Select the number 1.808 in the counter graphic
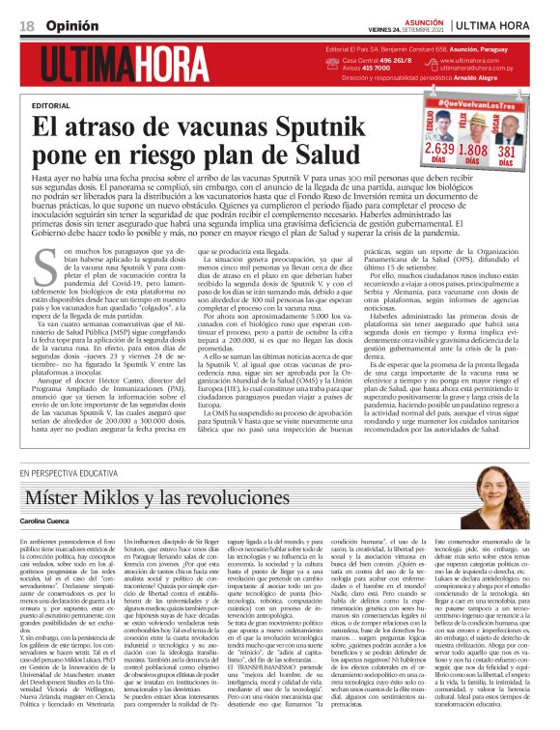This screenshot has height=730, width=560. coord(472,150)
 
